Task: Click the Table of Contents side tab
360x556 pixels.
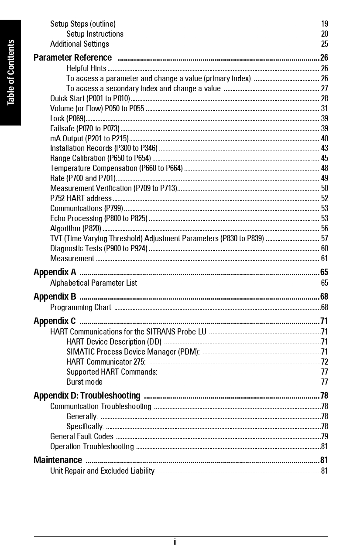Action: [x=10, y=72]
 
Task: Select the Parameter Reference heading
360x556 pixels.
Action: [x=72, y=58]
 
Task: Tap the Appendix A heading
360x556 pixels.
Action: [x=55, y=273]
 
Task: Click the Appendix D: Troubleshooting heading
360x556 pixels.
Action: [x=87, y=396]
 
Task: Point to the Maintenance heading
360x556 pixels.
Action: [x=58, y=460]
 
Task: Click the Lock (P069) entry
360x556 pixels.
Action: [x=68, y=119]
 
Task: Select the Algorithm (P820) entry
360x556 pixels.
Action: [x=75, y=229]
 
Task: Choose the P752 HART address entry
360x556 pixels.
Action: [x=81, y=198]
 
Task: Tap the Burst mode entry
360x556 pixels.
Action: [x=84, y=382]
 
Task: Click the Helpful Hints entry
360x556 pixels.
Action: [x=86, y=68]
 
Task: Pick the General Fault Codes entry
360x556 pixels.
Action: [x=82, y=437]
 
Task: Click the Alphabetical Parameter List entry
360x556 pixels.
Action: [x=93, y=283]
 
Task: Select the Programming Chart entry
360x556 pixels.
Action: [x=81, y=307]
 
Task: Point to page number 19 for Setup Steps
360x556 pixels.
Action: [x=325, y=24]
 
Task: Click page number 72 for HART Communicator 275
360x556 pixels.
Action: [x=325, y=362]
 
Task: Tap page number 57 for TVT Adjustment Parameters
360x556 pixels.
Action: [x=325, y=239]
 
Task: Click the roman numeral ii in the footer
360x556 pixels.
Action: [x=175, y=542]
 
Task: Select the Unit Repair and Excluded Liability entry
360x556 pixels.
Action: [x=102, y=471]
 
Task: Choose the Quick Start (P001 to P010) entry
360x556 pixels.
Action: [x=90, y=99]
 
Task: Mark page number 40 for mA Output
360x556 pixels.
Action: [x=325, y=139]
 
